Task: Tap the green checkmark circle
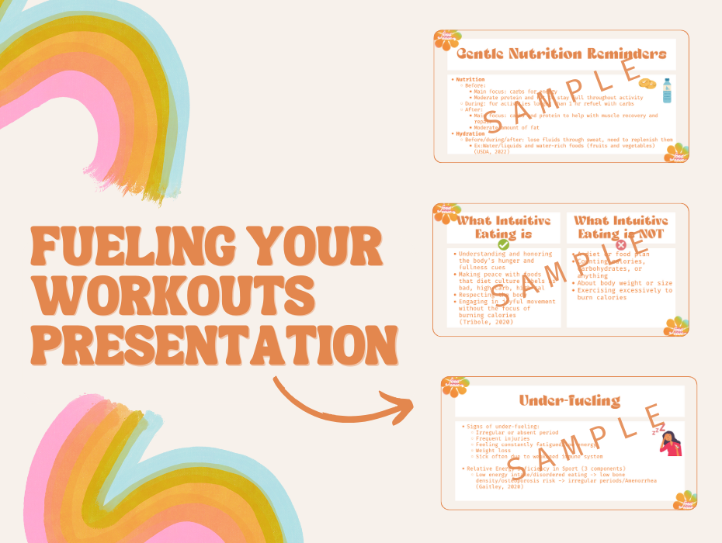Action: (x=503, y=244)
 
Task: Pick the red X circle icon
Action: (x=620, y=245)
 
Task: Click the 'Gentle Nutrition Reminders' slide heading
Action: (x=561, y=54)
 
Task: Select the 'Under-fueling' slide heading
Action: (x=570, y=400)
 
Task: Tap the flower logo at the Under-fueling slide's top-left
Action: (x=453, y=385)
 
